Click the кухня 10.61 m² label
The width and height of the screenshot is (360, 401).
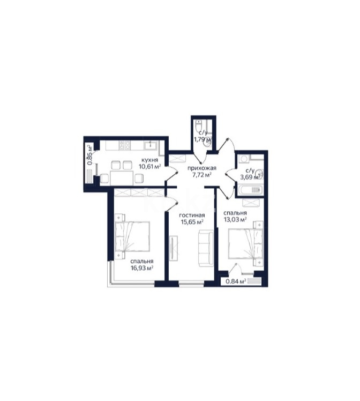[149, 163]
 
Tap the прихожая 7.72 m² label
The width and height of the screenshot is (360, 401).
[198, 170]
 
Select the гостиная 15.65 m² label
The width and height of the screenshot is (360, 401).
[192, 218]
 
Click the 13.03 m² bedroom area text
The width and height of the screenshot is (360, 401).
[235, 216]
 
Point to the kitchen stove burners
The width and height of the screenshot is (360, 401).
[123, 145]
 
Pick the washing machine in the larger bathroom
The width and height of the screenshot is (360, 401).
[244, 159]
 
